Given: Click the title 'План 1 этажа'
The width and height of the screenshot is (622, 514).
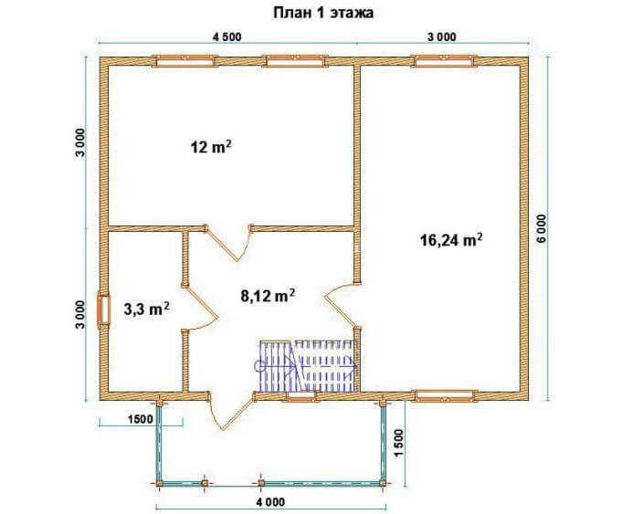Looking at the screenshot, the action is [323, 13].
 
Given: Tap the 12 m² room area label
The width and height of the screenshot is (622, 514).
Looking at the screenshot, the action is [211, 148].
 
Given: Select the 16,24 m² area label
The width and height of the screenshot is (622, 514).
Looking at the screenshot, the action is [451, 240].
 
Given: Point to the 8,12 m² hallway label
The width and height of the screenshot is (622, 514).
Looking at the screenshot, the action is [268, 296].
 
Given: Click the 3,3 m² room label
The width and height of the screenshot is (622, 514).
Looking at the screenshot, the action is [147, 309].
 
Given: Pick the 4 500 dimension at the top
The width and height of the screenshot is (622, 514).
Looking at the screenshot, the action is [227, 37].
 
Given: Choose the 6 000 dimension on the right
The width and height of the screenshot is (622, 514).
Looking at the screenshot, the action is [542, 228].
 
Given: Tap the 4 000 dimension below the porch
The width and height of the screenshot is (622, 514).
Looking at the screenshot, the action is [270, 502].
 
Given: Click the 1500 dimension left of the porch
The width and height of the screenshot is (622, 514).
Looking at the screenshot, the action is [141, 419].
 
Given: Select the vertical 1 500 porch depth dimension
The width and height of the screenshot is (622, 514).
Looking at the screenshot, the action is [399, 443].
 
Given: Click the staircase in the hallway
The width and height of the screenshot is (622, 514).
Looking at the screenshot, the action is [308, 366].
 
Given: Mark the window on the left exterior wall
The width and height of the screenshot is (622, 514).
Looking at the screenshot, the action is [103, 310].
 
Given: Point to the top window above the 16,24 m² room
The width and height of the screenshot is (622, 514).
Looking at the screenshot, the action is [444, 61].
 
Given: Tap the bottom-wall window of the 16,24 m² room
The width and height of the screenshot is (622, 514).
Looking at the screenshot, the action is [444, 395].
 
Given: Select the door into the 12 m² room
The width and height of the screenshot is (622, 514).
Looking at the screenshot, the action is [229, 242].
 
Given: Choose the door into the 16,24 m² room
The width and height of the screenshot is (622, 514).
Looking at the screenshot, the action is [342, 305].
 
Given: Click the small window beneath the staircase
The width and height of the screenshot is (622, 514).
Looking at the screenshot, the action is [300, 396].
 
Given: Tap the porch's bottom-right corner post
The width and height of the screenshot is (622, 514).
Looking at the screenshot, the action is [383, 484].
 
